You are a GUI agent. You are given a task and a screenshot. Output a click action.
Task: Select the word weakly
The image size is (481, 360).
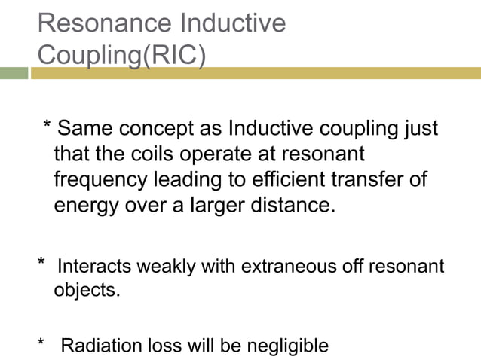[165, 267]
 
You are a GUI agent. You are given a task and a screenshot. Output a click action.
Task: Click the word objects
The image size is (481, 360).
[87, 289]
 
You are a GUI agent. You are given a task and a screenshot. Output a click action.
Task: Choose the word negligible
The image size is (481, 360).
[290, 346]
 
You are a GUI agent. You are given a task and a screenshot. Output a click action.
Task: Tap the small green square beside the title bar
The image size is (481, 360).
[14, 73]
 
